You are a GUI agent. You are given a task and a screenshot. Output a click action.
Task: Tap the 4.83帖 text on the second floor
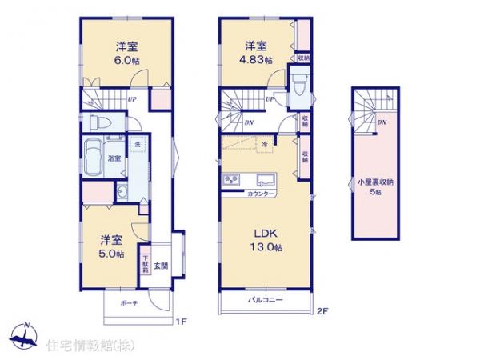click(x=258, y=59)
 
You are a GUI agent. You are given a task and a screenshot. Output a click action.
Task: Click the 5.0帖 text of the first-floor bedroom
click(x=111, y=254)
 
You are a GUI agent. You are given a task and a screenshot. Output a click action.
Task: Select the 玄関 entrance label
click(x=160, y=264)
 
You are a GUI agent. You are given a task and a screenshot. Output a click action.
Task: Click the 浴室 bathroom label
click(x=114, y=158)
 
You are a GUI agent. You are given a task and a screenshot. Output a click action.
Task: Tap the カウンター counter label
click(x=261, y=194)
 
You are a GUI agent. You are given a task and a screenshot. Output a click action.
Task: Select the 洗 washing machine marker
click(x=138, y=144)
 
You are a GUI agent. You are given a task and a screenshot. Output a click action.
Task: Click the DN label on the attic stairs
click(x=382, y=122)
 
